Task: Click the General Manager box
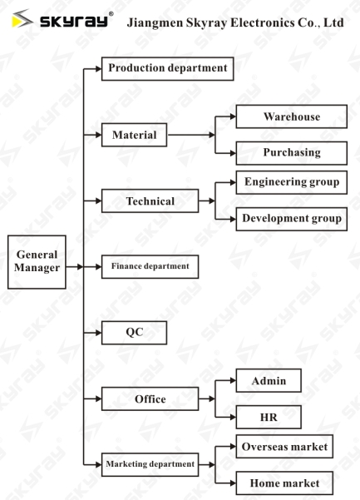coord(37,262)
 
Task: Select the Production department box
coord(168,68)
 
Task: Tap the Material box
coord(134,135)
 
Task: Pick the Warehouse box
coord(292,116)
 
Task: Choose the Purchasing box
coord(292,153)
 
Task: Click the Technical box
coord(150,200)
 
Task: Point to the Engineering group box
coord(292,182)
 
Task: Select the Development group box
coord(292,219)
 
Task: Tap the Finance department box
coord(150,266)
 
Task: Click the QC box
coord(134,333)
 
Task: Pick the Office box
coord(150,399)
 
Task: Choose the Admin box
coord(269,380)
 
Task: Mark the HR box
coord(269,417)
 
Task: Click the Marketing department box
coord(150,464)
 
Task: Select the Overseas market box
coord(284,447)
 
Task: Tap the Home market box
coord(284,483)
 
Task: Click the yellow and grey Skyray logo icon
coord(22,18)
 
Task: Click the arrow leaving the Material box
coord(191,135)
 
